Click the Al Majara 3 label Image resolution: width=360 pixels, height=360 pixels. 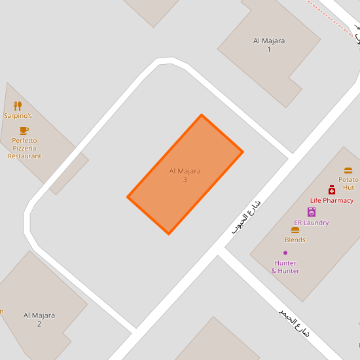(185, 175)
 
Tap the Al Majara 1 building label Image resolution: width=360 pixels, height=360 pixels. (269, 45)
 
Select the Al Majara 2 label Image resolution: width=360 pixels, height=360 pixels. (39, 319)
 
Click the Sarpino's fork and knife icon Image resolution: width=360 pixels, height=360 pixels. (18, 105)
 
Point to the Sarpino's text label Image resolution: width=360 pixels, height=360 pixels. (18, 116)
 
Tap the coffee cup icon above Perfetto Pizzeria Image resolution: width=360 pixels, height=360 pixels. (24, 130)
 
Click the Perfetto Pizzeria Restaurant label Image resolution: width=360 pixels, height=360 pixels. (24, 148)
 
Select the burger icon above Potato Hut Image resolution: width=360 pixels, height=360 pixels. (348, 170)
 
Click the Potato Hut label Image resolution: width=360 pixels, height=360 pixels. (348, 183)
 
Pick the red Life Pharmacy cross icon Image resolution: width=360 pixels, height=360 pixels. (332, 190)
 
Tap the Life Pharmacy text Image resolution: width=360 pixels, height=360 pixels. (332, 200)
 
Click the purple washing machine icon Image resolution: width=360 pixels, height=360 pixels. (311, 211)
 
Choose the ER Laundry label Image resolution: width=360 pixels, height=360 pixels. (311, 223)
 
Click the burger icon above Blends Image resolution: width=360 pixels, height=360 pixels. (295, 230)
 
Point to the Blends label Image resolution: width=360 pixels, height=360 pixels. (295, 240)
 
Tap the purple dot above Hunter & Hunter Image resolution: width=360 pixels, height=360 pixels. (285, 253)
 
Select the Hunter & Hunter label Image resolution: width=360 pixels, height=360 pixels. (285, 267)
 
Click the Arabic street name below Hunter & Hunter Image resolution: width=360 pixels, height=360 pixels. (293, 323)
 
